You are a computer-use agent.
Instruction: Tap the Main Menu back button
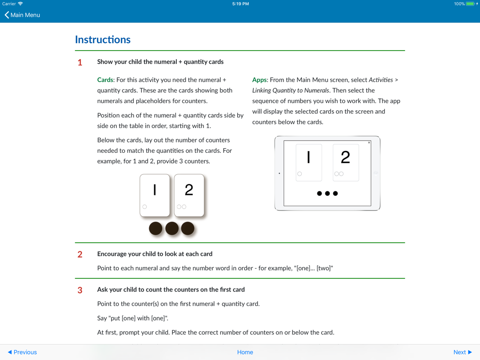(x=22, y=15)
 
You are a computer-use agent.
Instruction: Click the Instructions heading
(x=103, y=40)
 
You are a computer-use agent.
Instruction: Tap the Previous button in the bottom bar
(x=22, y=352)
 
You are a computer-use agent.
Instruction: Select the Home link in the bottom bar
(x=245, y=352)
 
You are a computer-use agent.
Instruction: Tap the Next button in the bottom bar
(x=462, y=352)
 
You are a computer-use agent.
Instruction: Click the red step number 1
(x=80, y=62)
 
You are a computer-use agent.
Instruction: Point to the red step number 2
(x=80, y=255)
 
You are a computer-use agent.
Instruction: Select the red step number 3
(x=80, y=290)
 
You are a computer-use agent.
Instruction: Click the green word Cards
(x=105, y=80)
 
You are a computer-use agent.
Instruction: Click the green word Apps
(x=259, y=80)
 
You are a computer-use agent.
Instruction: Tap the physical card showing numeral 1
(x=155, y=195)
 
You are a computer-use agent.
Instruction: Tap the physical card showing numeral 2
(x=189, y=195)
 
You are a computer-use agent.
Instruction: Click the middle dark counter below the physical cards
(x=172, y=228)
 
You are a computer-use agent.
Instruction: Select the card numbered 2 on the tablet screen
(x=345, y=162)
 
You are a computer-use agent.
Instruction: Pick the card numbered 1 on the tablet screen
(x=308, y=162)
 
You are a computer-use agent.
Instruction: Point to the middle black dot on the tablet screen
(x=327, y=193)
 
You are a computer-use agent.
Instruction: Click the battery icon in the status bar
(x=470, y=4)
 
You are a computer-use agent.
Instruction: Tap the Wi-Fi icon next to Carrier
(x=20, y=4)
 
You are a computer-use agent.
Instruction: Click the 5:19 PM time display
(x=240, y=4)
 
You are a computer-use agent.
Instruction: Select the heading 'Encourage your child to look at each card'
(x=155, y=254)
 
